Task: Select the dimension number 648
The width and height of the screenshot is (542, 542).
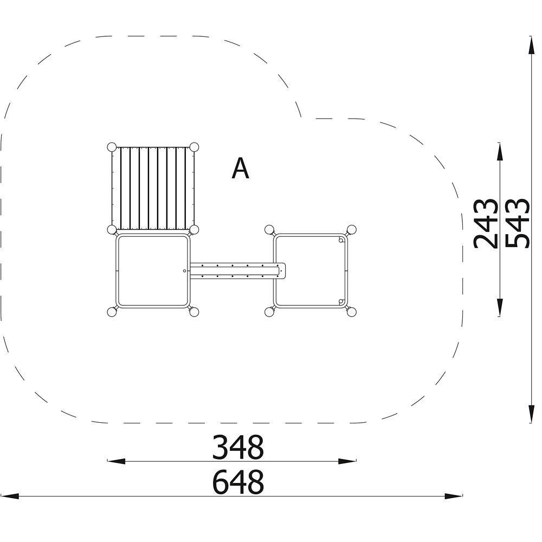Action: [x=238, y=482]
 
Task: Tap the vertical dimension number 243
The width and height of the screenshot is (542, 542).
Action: [x=486, y=223]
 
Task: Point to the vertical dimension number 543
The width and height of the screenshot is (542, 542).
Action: [x=517, y=223]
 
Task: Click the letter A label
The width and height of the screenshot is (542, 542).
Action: [x=240, y=169]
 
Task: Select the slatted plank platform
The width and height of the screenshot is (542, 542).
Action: [x=153, y=189]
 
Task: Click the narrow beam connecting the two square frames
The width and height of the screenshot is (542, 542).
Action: [x=238, y=270]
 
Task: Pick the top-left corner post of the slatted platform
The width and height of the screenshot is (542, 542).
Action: [x=112, y=147]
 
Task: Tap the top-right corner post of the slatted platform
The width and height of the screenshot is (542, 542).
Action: [x=194, y=147]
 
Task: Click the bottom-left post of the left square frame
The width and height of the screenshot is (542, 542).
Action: [x=112, y=312]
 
